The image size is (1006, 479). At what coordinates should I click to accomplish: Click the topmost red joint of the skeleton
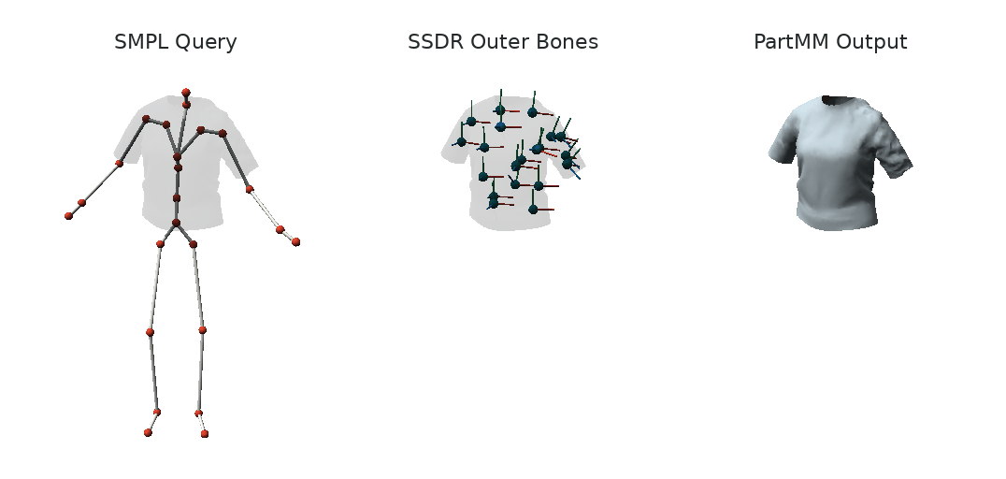[x=186, y=93]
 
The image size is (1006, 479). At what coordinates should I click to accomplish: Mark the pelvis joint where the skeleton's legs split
[x=176, y=223]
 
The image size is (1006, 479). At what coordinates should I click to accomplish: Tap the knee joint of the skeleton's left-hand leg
[x=151, y=332]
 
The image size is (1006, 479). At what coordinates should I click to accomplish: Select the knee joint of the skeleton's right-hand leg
[x=202, y=330]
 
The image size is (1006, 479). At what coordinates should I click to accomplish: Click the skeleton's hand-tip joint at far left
[x=68, y=216]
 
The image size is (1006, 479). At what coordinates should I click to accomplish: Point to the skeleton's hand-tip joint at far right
[x=295, y=242]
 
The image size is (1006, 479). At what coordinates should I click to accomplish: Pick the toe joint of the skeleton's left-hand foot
[x=149, y=433]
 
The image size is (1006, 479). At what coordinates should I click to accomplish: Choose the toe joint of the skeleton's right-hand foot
[x=205, y=434]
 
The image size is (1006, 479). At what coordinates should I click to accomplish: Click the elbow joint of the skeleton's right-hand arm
[x=250, y=189]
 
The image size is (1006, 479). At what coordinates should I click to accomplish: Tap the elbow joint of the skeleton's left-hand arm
[x=120, y=164]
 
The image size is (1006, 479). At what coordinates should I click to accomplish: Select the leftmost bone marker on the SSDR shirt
[x=461, y=142]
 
